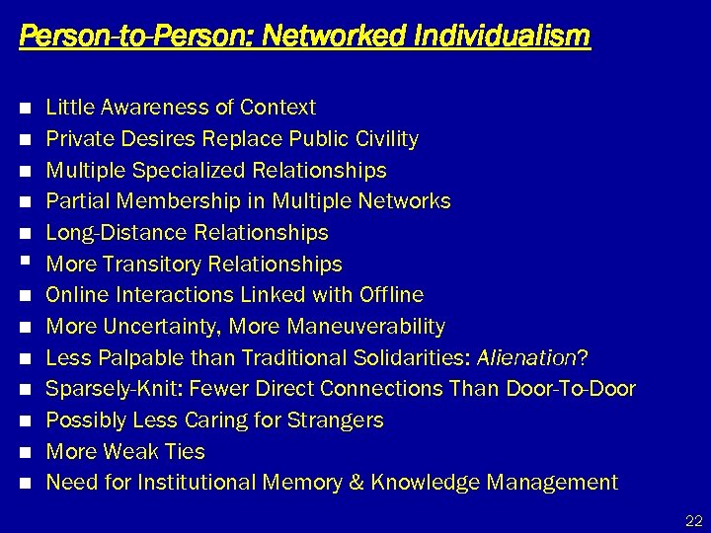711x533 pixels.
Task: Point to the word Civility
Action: pos(385,139)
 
